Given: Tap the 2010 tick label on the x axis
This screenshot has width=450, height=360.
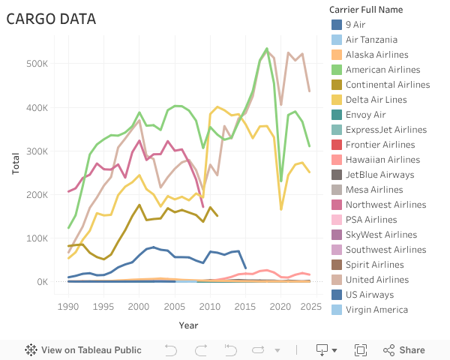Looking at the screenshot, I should pyautogui.click(x=210, y=306).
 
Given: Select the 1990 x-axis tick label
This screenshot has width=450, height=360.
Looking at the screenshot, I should pyautogui.click(x=68, y=306).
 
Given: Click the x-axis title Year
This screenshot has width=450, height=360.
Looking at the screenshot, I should pyautogui.click(x=189, y=325).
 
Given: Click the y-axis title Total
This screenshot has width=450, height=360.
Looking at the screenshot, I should pyautogui.click(x=16, y=163).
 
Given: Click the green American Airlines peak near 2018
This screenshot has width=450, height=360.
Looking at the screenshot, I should pyautogui.click(x=267, y=49).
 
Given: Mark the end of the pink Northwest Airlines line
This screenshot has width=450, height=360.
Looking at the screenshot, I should pyautogui.click(x=202, y=206).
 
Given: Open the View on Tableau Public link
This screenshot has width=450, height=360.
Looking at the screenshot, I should pyautogui.click(x=83, y=349).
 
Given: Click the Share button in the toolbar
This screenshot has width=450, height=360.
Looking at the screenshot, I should pyautogui.click(x=404, y=349).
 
